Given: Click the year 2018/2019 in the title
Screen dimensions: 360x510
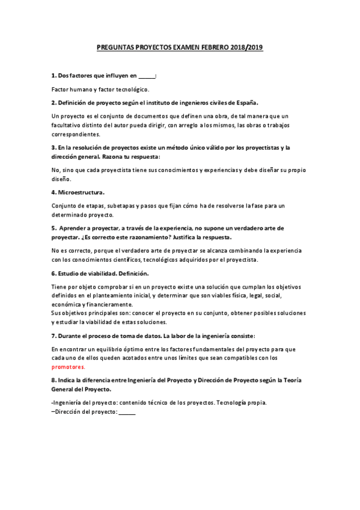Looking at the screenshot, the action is pos(246,46).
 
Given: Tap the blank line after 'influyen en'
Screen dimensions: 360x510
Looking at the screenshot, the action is pos(146,76).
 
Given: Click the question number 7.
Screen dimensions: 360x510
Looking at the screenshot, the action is pos(53,334).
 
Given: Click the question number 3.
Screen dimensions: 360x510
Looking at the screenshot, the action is pos(53,147).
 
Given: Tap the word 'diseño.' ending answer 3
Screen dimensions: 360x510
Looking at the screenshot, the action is pos(62,179).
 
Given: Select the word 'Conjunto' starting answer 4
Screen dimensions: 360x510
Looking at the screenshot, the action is pos(64,206).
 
